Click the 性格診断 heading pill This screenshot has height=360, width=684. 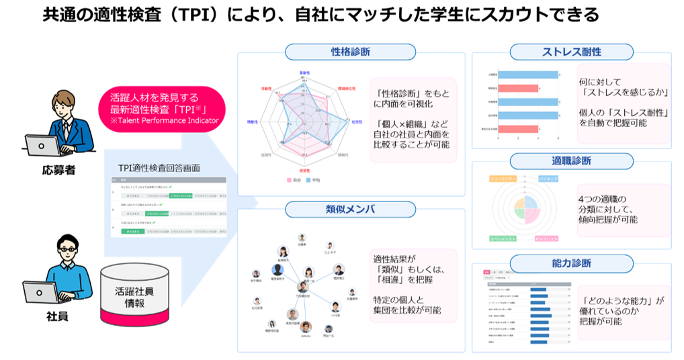351,52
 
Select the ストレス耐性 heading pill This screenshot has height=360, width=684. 571,52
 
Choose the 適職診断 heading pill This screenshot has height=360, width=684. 571,161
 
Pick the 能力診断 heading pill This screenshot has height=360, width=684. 571,262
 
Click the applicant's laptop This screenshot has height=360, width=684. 45,144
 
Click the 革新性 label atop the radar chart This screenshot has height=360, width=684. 304,72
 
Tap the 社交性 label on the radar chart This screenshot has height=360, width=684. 357,122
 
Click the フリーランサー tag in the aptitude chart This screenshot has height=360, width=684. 503,179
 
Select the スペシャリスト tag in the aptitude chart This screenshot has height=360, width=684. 504,238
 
